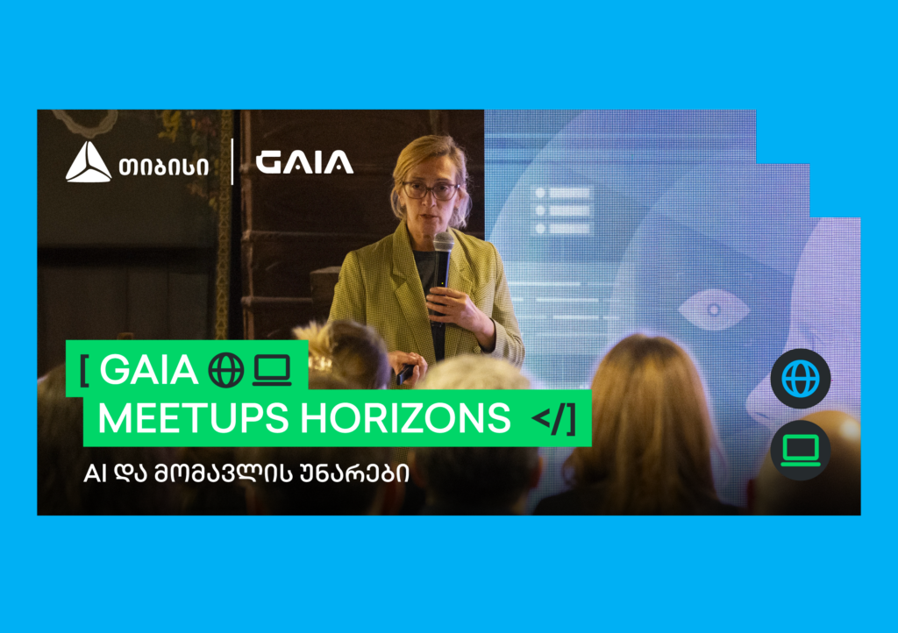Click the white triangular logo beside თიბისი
pyautogui.click(x=89, y=162)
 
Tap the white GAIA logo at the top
pyautogui.click(x=304, y=162)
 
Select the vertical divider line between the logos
pyautogui.click(x=232, y=162)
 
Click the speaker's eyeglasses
pyautogui.click(x=429, y=189)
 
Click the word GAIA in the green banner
pyautogui.click(x=148, y=372)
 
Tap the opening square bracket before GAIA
pyautogui.click(x=84, y=372)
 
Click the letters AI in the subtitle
pyautogui.click(x=92, y=473)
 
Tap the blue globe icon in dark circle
pyautogui.click(x=800, y=379)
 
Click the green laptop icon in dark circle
pyautogui.click(x=800, y=450)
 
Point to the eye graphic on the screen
pyautogui.click(x=714, y=309)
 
